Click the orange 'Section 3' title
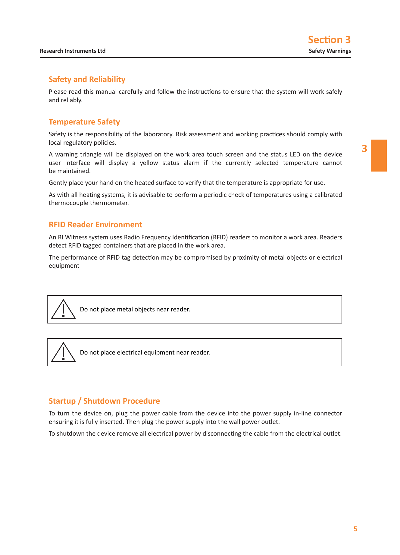tap(329, 40)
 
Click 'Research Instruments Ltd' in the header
tap(73, 51)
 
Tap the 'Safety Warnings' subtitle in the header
tap(330, 51)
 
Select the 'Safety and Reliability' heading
tap(87, 79)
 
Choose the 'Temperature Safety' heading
tap(84, 122)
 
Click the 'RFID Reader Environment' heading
tap(95, 225)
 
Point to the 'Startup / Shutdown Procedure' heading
tap(104, 401)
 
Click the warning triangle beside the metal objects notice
tap(63, 310)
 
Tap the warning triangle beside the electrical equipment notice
tap(63, 352)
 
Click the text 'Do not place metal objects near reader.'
tap(135, 309)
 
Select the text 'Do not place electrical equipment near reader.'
tap(145, 352)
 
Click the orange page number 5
tap(355, 529)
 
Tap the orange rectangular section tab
tap(379, 156)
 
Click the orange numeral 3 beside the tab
tap(364, 149)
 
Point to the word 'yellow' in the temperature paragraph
tap(149, 163)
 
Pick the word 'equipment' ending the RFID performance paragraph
tap(64, 266)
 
